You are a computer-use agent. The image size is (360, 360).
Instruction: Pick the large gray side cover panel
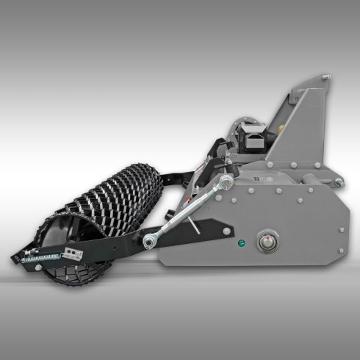point(294,213)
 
